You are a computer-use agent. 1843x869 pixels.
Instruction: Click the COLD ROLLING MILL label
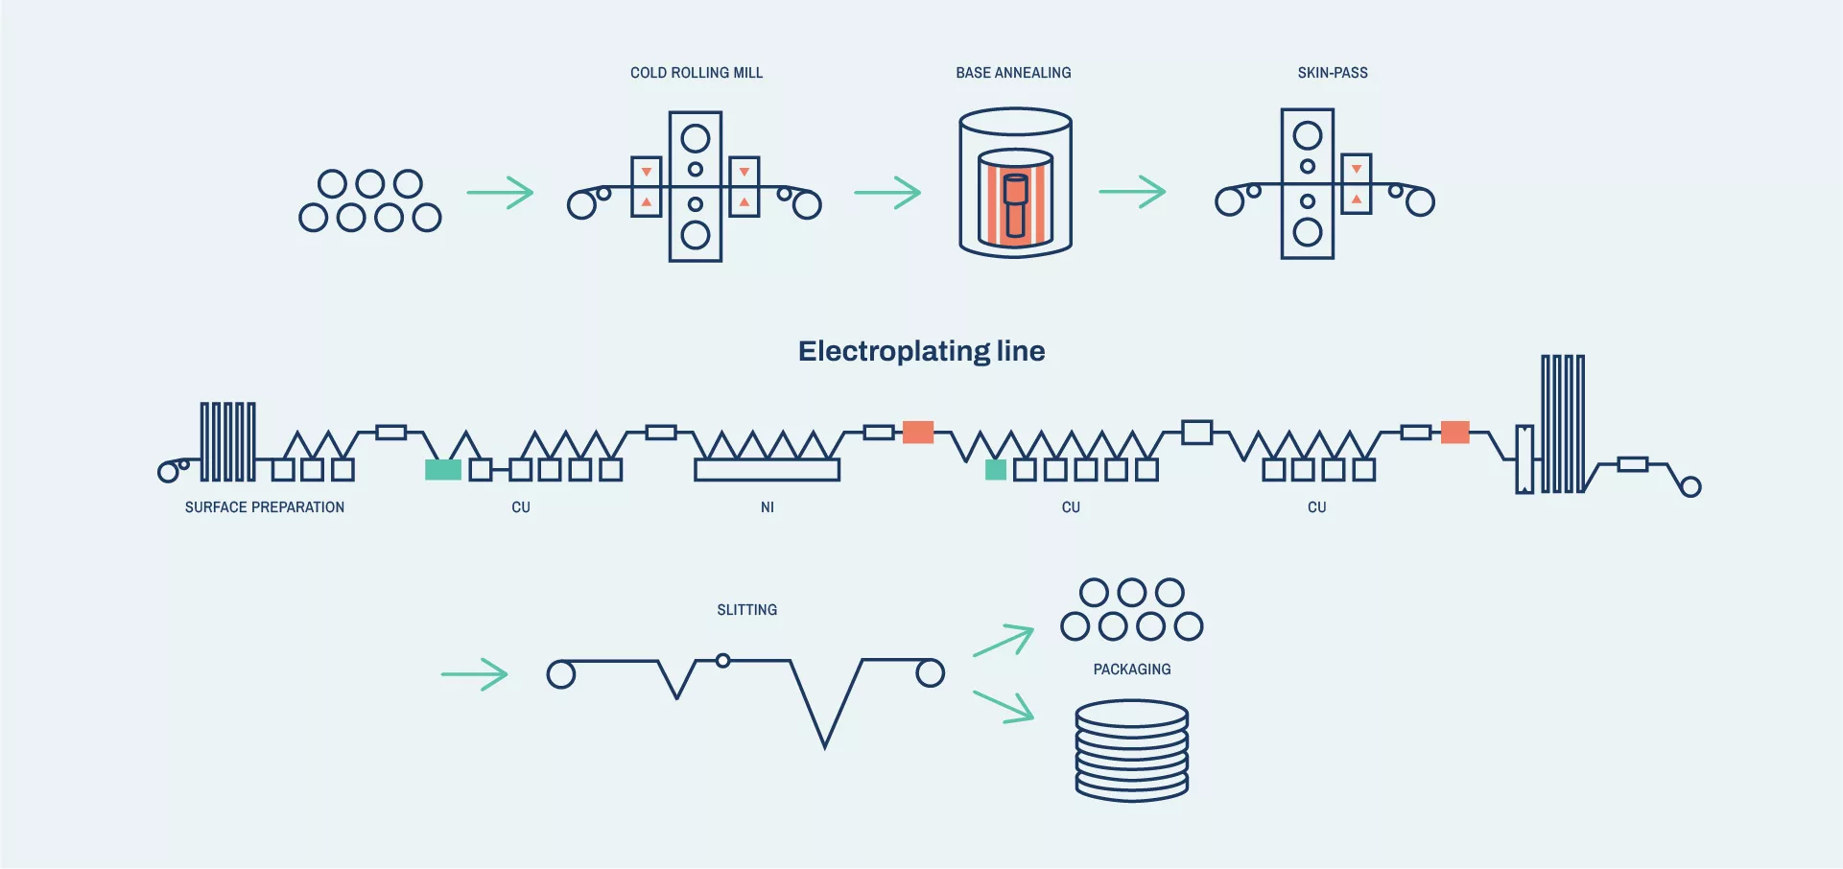pos(697,73)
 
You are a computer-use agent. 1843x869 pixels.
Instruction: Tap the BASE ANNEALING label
pos(1013,73)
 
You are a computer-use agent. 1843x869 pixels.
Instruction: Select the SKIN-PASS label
pos(1333,73)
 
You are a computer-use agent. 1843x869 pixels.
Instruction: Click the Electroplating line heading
pos(921,351)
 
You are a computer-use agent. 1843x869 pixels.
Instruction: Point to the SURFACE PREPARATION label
pos(265,507)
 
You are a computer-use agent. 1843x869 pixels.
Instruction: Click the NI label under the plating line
pos(768,507)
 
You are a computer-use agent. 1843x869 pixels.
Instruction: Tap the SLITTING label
pos(747,610)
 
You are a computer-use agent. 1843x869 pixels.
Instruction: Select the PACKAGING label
pos(1132,669)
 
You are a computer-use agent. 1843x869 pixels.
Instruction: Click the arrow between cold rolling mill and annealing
pos(887,193)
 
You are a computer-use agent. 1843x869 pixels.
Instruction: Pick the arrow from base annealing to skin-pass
pos(1132,192)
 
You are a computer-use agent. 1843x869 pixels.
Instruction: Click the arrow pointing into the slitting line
pos(474,674)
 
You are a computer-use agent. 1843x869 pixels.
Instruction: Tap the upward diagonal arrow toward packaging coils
pos(1004,640)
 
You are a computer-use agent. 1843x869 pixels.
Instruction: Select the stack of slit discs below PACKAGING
pos(1132,750)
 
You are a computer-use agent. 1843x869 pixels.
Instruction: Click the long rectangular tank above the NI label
pos(767,470)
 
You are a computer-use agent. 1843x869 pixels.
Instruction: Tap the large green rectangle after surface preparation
pos(443,470)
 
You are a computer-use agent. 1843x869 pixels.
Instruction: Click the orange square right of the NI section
pos(918,433)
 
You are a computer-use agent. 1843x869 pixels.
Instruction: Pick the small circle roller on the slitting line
pos(723,661)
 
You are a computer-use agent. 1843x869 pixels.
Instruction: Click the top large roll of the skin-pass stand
pos(1308,135)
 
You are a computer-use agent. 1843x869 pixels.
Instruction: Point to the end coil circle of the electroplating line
pos(1691,487)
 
